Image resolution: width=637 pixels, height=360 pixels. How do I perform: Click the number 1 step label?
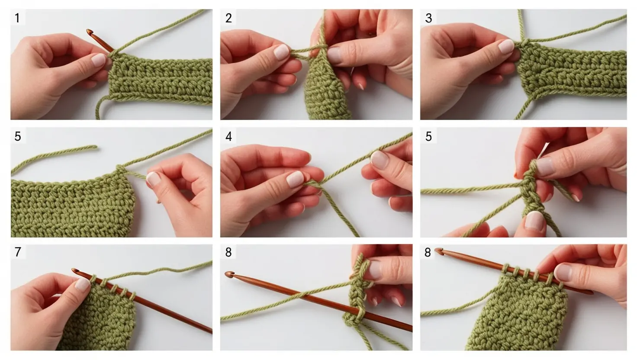[x=17, y=18]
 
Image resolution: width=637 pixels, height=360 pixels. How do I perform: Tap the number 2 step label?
[x=228, y=18]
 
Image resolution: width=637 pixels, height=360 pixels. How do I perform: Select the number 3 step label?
[x=428, y=18]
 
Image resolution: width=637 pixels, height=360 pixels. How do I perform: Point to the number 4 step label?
[x=228, y=136]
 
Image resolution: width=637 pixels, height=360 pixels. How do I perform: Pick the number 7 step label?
[x=18, y=252]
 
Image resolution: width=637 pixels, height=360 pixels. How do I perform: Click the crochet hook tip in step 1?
[x=89, y=31]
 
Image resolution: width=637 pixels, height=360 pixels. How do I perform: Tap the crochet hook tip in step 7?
[x=75, y=270]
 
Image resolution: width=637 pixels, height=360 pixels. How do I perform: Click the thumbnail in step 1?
[x=98, y=60]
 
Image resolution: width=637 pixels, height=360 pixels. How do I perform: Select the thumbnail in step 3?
[x=506, y=46]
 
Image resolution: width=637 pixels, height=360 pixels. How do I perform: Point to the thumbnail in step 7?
[x=82, y=284]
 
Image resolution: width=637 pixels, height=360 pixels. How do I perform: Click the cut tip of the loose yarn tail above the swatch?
[x=95, y=147]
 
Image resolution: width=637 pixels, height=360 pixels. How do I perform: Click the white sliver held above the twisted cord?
[x=543, y=151]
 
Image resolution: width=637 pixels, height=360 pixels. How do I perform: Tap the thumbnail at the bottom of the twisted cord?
[x=534, y=220]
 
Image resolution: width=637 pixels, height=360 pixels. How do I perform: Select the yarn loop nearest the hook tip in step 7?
[x=93, y=279]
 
